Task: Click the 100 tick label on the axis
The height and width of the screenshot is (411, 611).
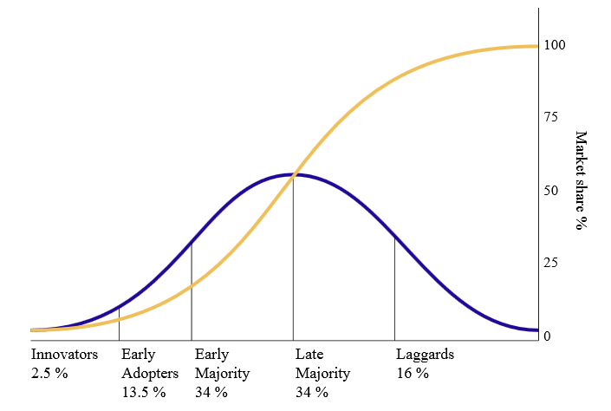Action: (556, 45)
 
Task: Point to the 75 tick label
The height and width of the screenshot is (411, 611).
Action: (551, 118)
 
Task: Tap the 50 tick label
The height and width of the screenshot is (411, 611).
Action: (551, 191)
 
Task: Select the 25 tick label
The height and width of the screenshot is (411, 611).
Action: (551, 264)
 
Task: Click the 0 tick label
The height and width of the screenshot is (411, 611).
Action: (547, 336)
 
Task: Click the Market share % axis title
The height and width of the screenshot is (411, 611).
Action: (581, 180)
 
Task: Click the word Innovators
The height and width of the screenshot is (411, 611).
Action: (64, 355)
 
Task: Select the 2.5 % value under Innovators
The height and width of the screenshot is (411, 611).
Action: (49, 374)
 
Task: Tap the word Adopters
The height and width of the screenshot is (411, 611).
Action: (150, 374)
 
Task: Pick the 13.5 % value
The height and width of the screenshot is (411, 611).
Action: (144, 393)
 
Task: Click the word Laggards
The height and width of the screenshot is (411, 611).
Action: (425, 355)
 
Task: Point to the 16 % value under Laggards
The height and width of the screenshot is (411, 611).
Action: (413, 374)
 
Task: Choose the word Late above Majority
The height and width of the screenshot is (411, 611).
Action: (309, 355)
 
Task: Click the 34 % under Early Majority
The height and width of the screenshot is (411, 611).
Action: (211, 393)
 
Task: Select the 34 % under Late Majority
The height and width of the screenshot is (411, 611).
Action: (312, 393)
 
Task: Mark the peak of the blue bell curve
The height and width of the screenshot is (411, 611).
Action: (293, 174)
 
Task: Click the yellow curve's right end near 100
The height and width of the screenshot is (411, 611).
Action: (536, 46)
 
